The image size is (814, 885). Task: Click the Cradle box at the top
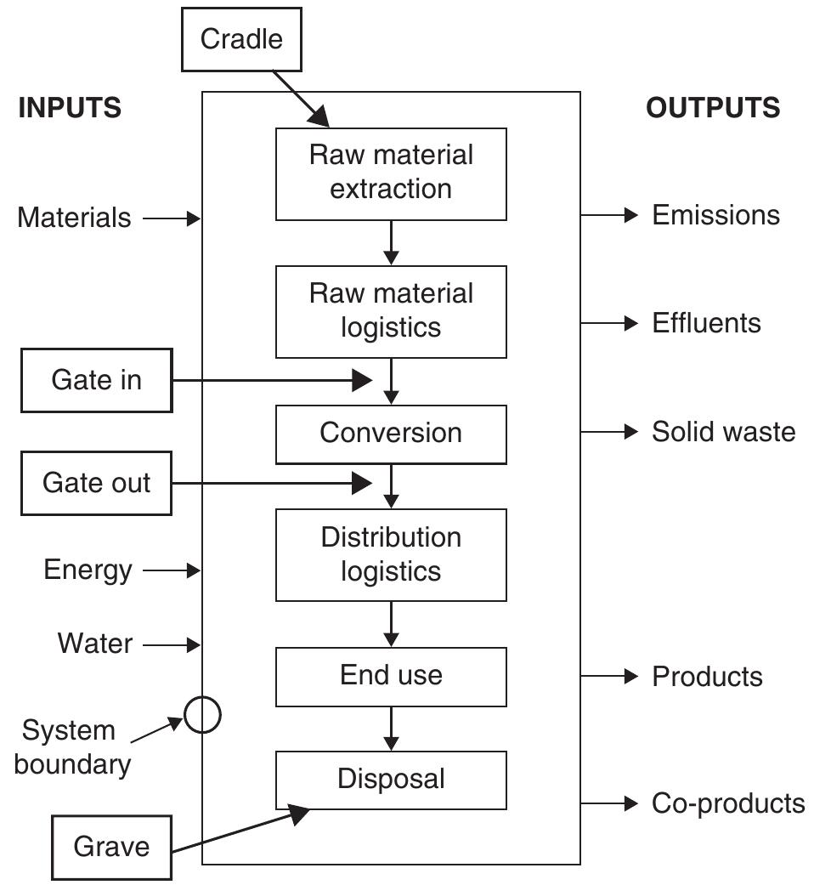coord(241,38)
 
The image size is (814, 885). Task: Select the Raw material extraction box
coord(391,173)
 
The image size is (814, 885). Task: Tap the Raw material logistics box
coord(391,311)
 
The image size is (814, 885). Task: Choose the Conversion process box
coord(391,433)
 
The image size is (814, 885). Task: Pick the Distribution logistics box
coord(391,554)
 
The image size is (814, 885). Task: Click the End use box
coord(391,676)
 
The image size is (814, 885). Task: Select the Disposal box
coord(391,779)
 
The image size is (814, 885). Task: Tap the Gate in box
coord(96,380)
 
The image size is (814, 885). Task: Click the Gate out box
coord(96,483)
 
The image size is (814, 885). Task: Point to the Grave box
coord(111,847)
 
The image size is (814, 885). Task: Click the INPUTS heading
coord(70,108)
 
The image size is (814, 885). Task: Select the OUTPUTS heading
coord(713,108)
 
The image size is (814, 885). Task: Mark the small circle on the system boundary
coord(203,715)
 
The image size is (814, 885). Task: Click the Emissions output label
coord(715,215)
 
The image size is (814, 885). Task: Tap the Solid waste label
coord(723,432)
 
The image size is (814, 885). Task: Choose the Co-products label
coord(728,803)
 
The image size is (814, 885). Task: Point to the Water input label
coord(95,644)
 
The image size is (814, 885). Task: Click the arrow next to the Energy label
coord(172,571)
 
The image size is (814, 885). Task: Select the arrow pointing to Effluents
coord(609,323)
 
